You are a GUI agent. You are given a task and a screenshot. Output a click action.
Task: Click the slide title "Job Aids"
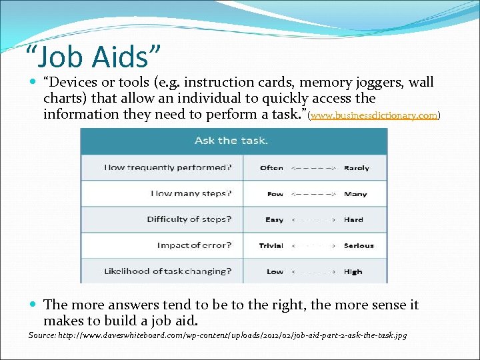click(93, 57)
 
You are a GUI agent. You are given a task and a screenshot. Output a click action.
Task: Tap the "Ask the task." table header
click(231, 141)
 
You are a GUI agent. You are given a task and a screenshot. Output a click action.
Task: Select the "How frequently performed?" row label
click(168, 168)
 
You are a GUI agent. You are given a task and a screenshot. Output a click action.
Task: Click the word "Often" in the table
click(271, 168)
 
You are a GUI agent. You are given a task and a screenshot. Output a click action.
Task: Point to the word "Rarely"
click(356, 168)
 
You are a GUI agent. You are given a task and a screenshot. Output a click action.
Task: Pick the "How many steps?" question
click(191, 194)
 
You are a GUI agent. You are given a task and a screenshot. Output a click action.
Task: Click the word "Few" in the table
click(275, 194)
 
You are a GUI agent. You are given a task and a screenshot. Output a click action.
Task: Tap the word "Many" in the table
click(355, 194)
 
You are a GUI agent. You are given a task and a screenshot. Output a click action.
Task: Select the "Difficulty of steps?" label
click(189, 219)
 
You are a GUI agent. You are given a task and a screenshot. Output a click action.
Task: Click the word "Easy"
click(274, 219)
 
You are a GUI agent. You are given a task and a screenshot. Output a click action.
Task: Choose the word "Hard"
click(353, 219)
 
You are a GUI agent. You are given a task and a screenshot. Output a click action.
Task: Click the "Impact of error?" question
click(195, 245)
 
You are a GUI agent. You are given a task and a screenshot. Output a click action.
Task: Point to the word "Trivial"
click(271, 245)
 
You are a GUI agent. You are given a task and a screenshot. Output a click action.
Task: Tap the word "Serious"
click(359, 245)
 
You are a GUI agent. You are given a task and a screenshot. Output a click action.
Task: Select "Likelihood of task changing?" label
click(168, 271)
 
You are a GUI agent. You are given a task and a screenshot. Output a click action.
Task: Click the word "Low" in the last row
click(275, 271)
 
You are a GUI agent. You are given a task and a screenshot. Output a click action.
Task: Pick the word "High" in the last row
click(353, 271)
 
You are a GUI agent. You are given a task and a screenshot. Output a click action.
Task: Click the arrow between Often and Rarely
click(313, 168)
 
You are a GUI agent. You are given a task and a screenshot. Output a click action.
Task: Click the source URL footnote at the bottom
click(217, 335)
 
